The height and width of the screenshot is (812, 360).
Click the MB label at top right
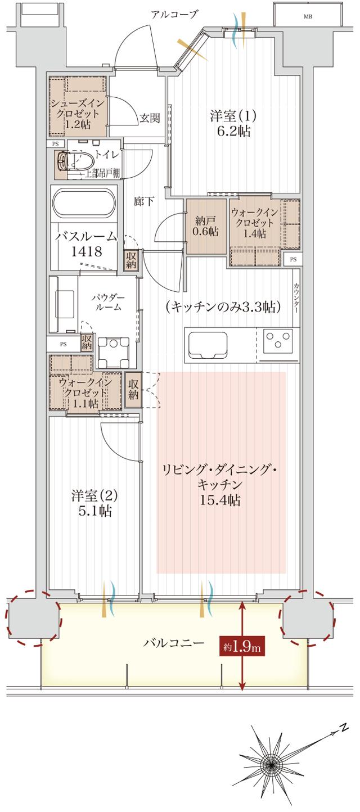308,16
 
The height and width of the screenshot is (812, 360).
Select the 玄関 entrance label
150,118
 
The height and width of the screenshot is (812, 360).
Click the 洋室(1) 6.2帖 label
233,123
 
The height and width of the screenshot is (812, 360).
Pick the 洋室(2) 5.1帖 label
94,504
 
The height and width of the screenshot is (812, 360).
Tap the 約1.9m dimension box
242,647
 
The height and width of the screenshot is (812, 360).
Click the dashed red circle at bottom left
33,617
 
